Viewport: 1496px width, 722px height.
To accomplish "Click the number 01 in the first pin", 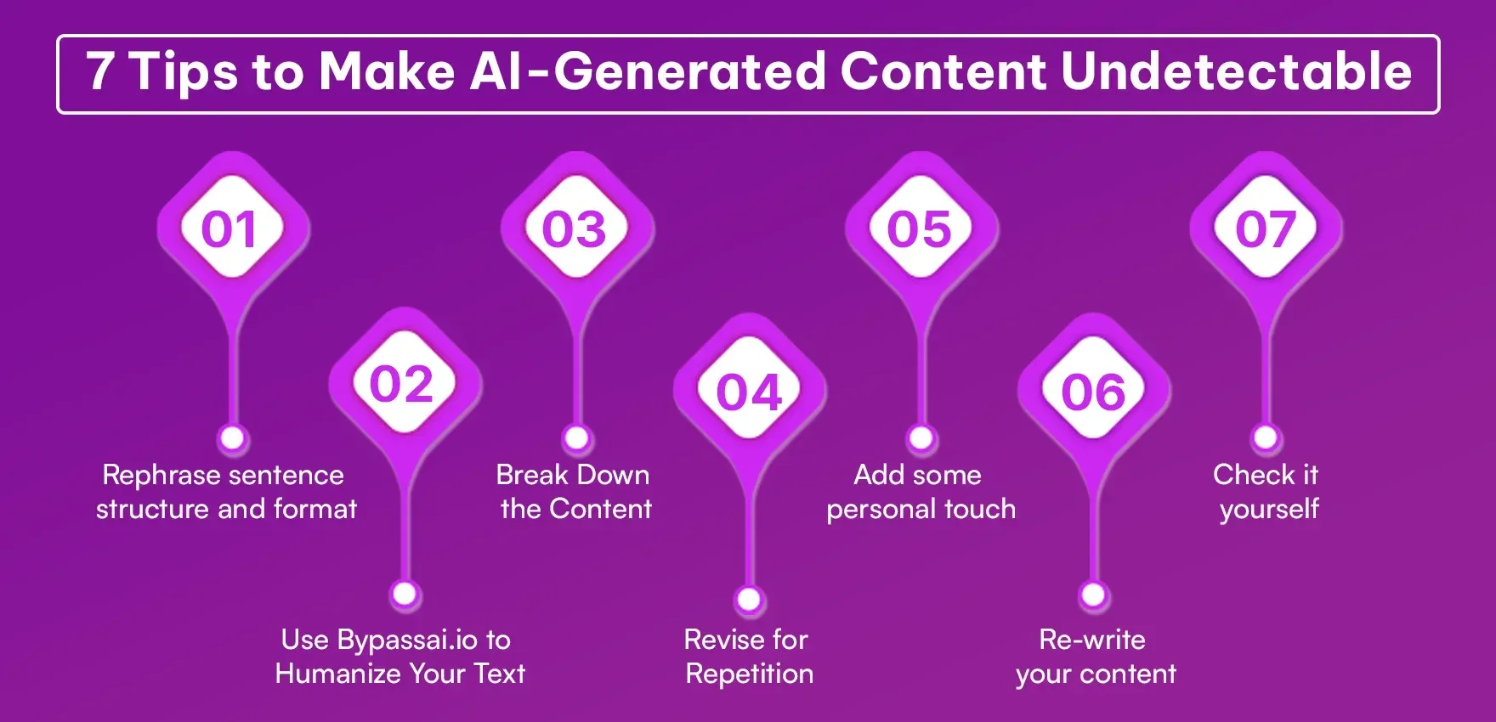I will (230, 229).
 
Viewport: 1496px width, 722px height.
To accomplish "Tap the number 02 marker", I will (402, 384).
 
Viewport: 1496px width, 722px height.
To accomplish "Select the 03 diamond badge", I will (575, 229).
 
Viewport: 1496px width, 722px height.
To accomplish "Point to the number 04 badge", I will (748, 392).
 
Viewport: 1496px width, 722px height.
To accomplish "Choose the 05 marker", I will (920, 229).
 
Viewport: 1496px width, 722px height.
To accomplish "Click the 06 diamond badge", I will (1093, 392).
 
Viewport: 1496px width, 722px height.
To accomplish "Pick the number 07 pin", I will (1266, 229).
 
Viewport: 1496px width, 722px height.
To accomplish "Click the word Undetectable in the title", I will (1236, 71).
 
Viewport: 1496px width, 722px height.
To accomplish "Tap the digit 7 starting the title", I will (99, 71).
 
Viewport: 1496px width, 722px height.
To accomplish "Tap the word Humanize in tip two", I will (337, 674).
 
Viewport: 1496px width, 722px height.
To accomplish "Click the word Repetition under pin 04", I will (750, 674).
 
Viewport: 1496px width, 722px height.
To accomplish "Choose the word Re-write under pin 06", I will (1092, 640).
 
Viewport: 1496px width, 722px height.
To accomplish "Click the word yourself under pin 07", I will (1269, 510).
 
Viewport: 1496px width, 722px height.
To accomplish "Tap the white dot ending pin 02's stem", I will (405, 593).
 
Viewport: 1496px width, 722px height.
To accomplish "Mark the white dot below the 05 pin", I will (921, 438).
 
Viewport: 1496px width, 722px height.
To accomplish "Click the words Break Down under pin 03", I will (573, 475).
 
